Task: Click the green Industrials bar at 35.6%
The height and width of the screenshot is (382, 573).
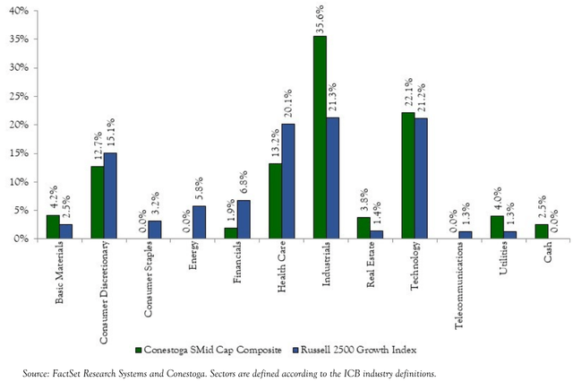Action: click(320, 137)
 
